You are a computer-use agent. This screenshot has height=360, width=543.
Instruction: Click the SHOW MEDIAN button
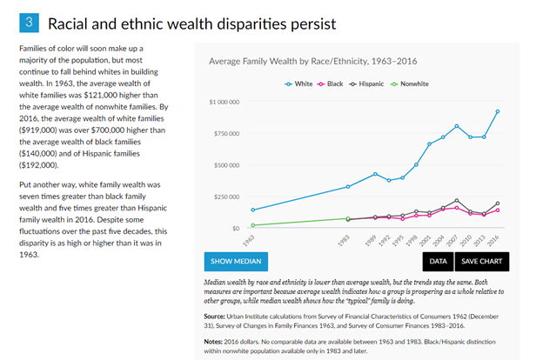[x=236, y=261]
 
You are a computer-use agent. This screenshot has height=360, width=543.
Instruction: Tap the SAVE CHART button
[x=482, y=261]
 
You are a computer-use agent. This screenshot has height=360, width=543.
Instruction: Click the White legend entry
[x=299, y=84]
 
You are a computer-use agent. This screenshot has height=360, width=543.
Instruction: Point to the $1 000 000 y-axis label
[x=225, y=103]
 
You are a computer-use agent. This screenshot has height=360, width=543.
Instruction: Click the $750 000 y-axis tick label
[x=227, y=134]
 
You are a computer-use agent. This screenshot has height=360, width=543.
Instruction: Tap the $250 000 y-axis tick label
[x=227, y=197]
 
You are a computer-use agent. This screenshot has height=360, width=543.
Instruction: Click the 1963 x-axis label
[x=250, y=238]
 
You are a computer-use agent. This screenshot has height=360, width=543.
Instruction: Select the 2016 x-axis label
[x=494, y=238]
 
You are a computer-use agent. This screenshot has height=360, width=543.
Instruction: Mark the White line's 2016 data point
[x=498, y=111]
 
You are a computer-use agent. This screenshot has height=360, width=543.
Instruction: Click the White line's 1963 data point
[x=253, y=210]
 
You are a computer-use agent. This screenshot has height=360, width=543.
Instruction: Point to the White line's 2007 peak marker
[x=457, y=126]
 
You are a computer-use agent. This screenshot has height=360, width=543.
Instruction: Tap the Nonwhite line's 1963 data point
[x=253, y=225]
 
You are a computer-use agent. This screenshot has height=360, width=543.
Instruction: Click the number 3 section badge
[x=29, y=20]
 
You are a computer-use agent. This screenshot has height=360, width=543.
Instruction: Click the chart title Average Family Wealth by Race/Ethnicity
[x=300, y=62]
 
